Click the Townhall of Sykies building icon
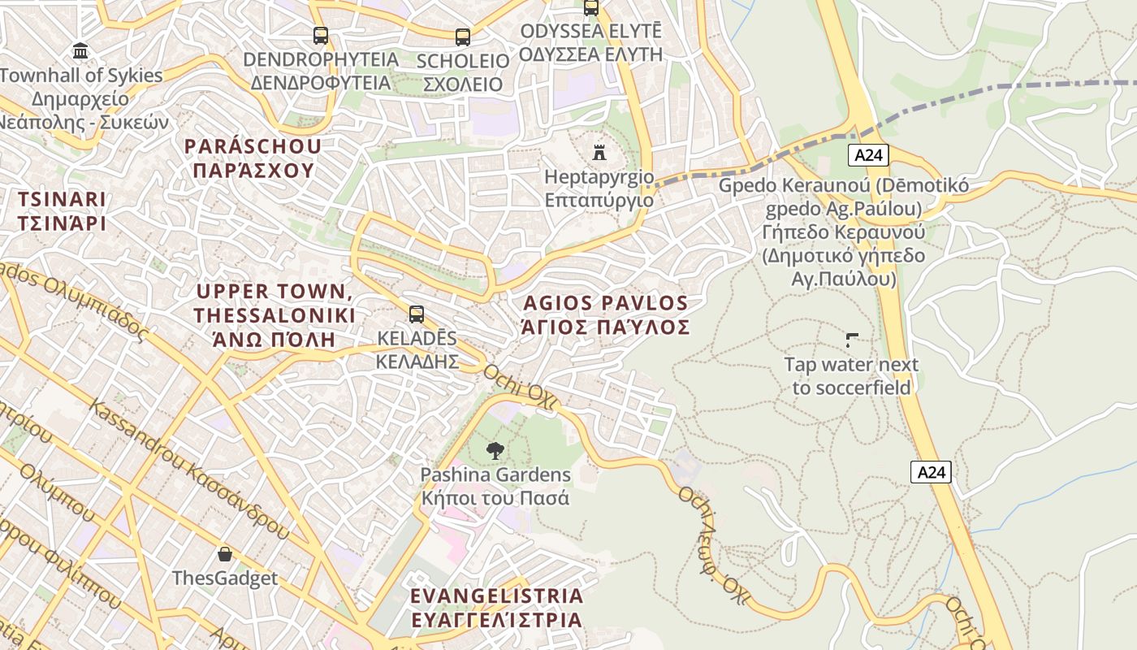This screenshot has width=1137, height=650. pos(80,52)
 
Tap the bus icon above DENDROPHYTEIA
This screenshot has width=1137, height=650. pos(321,36)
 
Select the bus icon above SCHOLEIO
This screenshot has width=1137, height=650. pos(462,37)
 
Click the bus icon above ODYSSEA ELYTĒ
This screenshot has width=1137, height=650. pos(591,8)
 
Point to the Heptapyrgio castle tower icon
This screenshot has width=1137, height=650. pos(599,152)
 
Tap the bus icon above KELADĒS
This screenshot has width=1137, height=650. pos(417,314)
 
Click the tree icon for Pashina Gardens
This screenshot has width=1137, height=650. pos(495,450)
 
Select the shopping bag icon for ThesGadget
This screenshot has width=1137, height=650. pos(225,555)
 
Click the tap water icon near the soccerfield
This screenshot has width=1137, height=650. pos(852,340)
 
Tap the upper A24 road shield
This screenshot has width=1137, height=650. pos(868,155)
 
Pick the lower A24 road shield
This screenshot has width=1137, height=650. pos(930,472)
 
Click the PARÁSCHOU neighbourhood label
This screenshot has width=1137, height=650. pos(253,147)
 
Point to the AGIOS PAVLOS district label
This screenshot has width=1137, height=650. pos(606,304)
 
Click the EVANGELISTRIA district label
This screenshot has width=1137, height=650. pos(496,596)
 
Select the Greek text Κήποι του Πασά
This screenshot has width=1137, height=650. pos(495,498)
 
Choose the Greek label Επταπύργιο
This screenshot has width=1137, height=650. pos(599,200)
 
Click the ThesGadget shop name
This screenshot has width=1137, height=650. pos(225,578)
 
